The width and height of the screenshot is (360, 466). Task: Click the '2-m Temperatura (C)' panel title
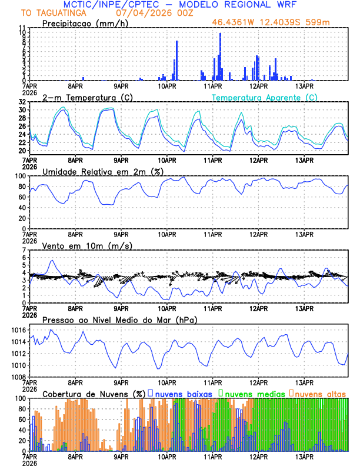(x=86, y=97)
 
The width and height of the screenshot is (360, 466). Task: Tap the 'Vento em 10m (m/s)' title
(x=87, y=245)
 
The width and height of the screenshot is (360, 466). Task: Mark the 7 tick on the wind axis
(x=24, y=250)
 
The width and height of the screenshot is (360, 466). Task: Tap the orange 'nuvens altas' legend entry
(x=321, y=392)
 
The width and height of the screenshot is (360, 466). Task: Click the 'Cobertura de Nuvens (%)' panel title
(x=94, y=392)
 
